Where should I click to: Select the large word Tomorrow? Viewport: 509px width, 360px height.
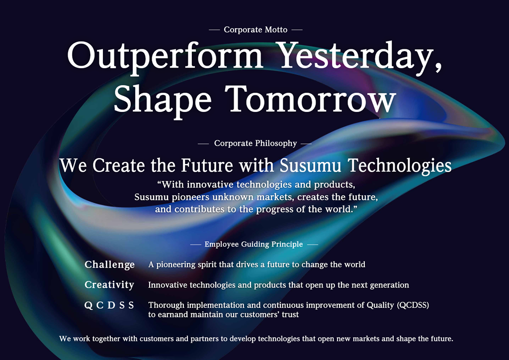click(x=311, y=98)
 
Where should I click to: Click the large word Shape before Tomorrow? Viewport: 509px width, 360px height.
click(x=163, y=101)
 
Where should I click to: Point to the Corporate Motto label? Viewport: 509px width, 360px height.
click(x=255, y=29)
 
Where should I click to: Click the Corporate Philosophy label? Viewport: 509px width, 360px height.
click(x=255, y=143)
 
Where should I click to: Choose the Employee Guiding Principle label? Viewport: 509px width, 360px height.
click(x=254, y=244)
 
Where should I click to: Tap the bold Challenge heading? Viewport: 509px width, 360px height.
click(x=109, y=265)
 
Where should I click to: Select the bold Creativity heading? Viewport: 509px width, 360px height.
click(x=109, y=285)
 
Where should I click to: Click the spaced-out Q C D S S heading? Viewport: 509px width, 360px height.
click(x=109, y=305)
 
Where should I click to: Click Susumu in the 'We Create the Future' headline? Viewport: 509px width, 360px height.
click(x=310, y=165)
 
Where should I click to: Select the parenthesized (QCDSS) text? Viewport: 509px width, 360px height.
click(x=413, y=305)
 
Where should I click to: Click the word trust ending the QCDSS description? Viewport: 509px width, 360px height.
click(x=290, y=315)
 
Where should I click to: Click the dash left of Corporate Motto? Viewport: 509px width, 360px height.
click(x=214, y=29)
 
